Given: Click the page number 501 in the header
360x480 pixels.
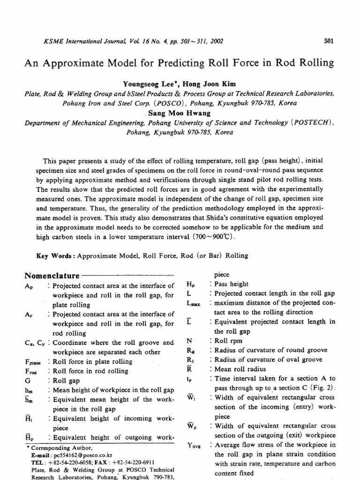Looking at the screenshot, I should (329, 41).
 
